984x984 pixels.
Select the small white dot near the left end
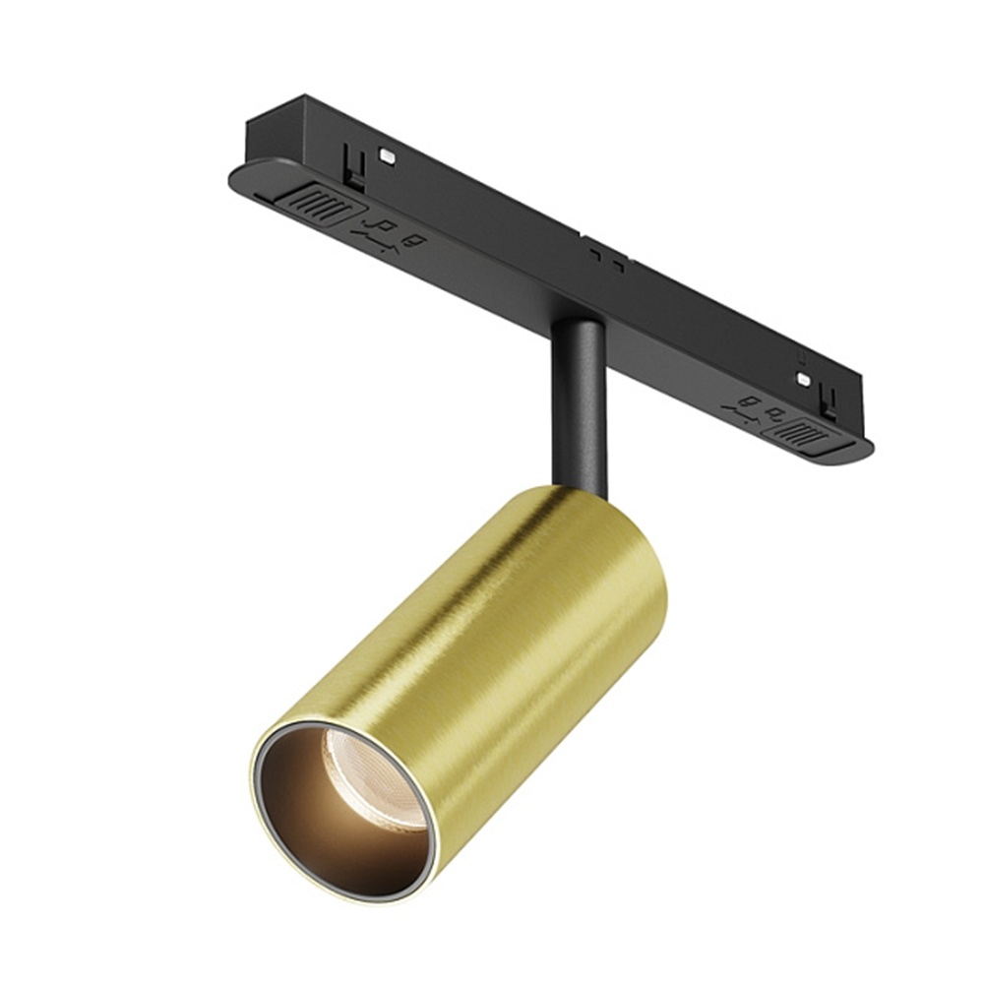pos(388,156)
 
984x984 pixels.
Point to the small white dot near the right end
pos(804,379)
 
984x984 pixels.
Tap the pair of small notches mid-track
pos(607,258)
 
